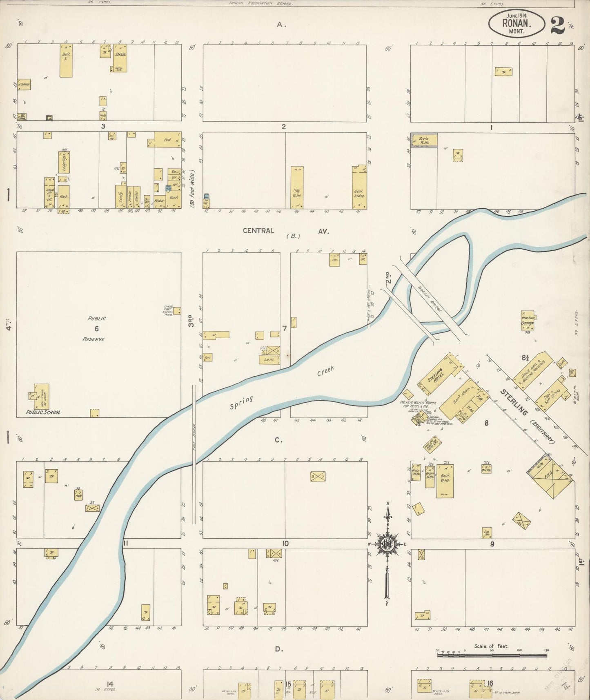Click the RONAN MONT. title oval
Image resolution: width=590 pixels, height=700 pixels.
tap(517, 24)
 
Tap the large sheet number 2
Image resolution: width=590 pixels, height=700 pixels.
tap(557, 25)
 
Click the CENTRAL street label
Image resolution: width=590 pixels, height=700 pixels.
tap(258, 231)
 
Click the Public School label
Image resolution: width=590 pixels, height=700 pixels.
tap(43, 412)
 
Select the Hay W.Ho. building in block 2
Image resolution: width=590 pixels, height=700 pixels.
tap(297, 187)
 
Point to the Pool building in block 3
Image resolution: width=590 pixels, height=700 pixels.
tap(167, 139)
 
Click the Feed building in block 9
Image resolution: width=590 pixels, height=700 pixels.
tap(550, 477)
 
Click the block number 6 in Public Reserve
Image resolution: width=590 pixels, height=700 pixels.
tap(97, 328)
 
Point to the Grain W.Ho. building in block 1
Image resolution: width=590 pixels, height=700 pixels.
tap(424, 140)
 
